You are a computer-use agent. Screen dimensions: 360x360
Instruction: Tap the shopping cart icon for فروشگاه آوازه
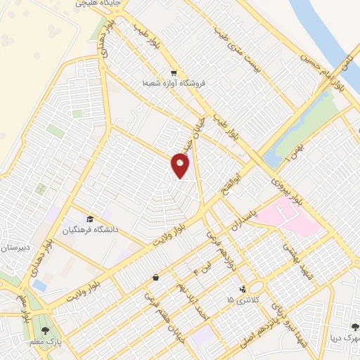(x=173, y=73)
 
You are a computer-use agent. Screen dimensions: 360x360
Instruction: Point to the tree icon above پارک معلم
(x=45, y=330)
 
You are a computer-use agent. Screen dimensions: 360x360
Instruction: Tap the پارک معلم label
(x=44, y=342)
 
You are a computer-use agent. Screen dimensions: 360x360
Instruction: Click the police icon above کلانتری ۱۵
(x=243, y=288)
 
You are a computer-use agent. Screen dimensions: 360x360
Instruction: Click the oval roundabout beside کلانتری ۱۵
(x=256, y=288)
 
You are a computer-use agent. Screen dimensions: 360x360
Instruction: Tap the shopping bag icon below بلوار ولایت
(x=154, y=278)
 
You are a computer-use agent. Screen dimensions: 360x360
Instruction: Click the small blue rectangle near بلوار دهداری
(x=40, y=285)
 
